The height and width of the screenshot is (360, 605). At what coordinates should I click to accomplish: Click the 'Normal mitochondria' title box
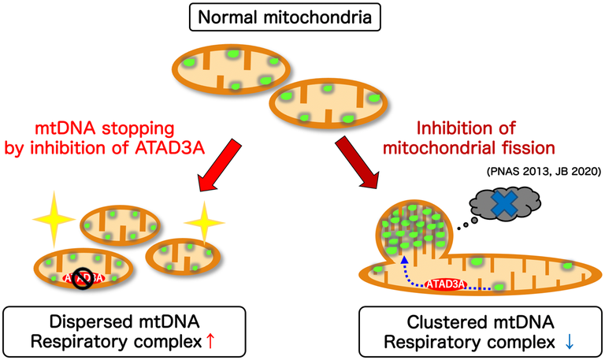(303, 17)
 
